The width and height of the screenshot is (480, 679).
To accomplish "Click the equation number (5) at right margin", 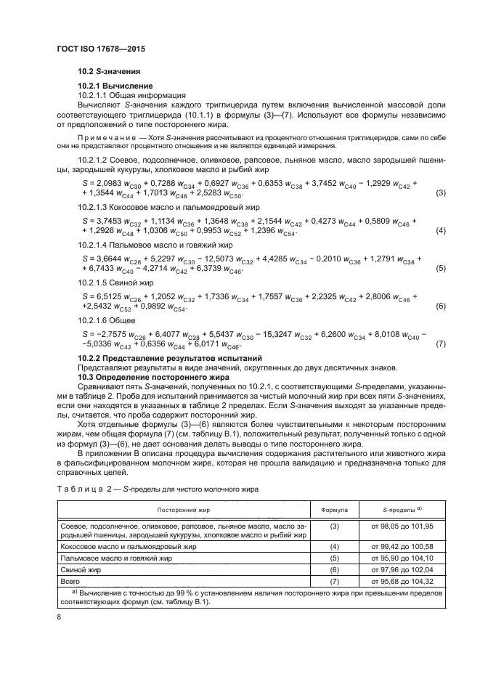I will [440, 269].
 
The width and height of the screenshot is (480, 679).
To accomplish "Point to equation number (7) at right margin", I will [440, 343].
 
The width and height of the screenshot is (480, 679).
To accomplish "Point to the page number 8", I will [60, 617].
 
